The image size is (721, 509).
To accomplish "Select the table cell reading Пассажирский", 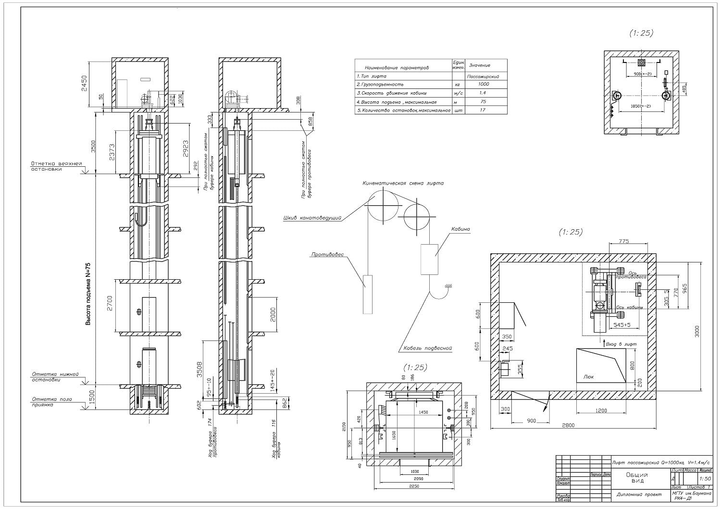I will [483, 76].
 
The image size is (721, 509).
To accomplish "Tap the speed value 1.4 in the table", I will [483, 93].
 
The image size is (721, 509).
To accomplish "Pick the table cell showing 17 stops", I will [483, 110].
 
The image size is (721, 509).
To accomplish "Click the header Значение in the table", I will [479, 65].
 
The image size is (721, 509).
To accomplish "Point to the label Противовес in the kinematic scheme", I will [327, 254].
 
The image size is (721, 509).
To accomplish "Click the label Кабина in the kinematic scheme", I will [460, 229].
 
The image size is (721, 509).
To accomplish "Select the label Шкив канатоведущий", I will [312, 219].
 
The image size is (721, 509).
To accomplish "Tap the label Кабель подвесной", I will [426, 348].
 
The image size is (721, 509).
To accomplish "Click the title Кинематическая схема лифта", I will [403, 183].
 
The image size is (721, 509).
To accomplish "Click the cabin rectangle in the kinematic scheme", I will [429, 259].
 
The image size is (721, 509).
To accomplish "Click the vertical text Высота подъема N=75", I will [88, 294].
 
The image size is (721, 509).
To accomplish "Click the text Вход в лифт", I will [622, 345].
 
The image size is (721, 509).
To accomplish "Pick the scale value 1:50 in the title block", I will [706, 479].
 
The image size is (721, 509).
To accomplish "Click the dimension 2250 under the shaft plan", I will [414, 486].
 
